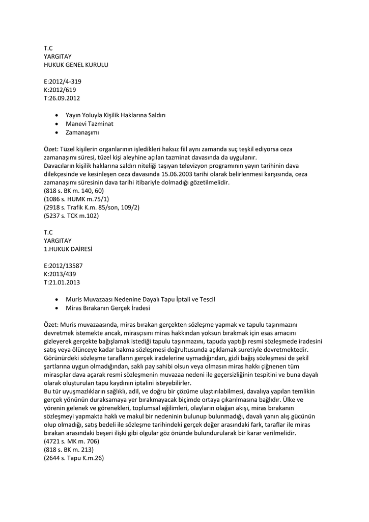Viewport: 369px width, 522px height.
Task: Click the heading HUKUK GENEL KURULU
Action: pyautogui.click(x=76, y=65)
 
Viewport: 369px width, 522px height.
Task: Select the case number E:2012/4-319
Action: pyautogui.click(x=63, y=82)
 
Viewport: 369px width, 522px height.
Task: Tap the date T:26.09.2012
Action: pyautogui.click(x=62, y=98)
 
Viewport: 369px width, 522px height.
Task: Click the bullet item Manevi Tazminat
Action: pyautogui.click(x=90, y=123)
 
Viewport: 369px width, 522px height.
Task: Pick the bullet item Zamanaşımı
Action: pyautogui.click(x=82, y=132)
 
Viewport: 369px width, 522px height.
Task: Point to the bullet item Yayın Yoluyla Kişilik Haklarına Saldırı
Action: pyautogui.click(x=116, y=115)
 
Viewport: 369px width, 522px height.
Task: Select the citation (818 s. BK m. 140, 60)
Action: pyautogui.click(x=74, y=191)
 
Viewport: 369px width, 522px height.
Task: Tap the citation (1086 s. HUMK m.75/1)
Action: pyautogui.click(x=76, y=199)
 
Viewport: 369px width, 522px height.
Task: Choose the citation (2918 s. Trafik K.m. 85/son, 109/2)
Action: pyautogui.click(x=92, y=207)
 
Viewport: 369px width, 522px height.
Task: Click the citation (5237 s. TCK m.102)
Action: pyautogui.click(x=71, y=216)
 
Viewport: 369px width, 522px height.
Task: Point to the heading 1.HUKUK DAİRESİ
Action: pyautogui.click(x=68, y=249)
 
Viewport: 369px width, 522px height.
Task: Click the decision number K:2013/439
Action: pyautogui.click(x=60, y=274)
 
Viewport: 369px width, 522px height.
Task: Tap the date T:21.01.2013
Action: pyautogui.click(x=62, y=282)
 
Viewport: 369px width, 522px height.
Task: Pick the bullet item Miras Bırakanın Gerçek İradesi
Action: pyautogui.click(x=108, y=307)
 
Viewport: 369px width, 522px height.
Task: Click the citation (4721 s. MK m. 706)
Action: pyautogui.click(x=71, y=441)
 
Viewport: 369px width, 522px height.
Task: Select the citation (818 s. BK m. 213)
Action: pyautogui.click(x=68, y=450)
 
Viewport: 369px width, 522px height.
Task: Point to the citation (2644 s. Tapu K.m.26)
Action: pyautogui.click(x=74, y=458)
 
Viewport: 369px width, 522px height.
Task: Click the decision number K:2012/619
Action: pyautogui.click(x=60, y=90)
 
